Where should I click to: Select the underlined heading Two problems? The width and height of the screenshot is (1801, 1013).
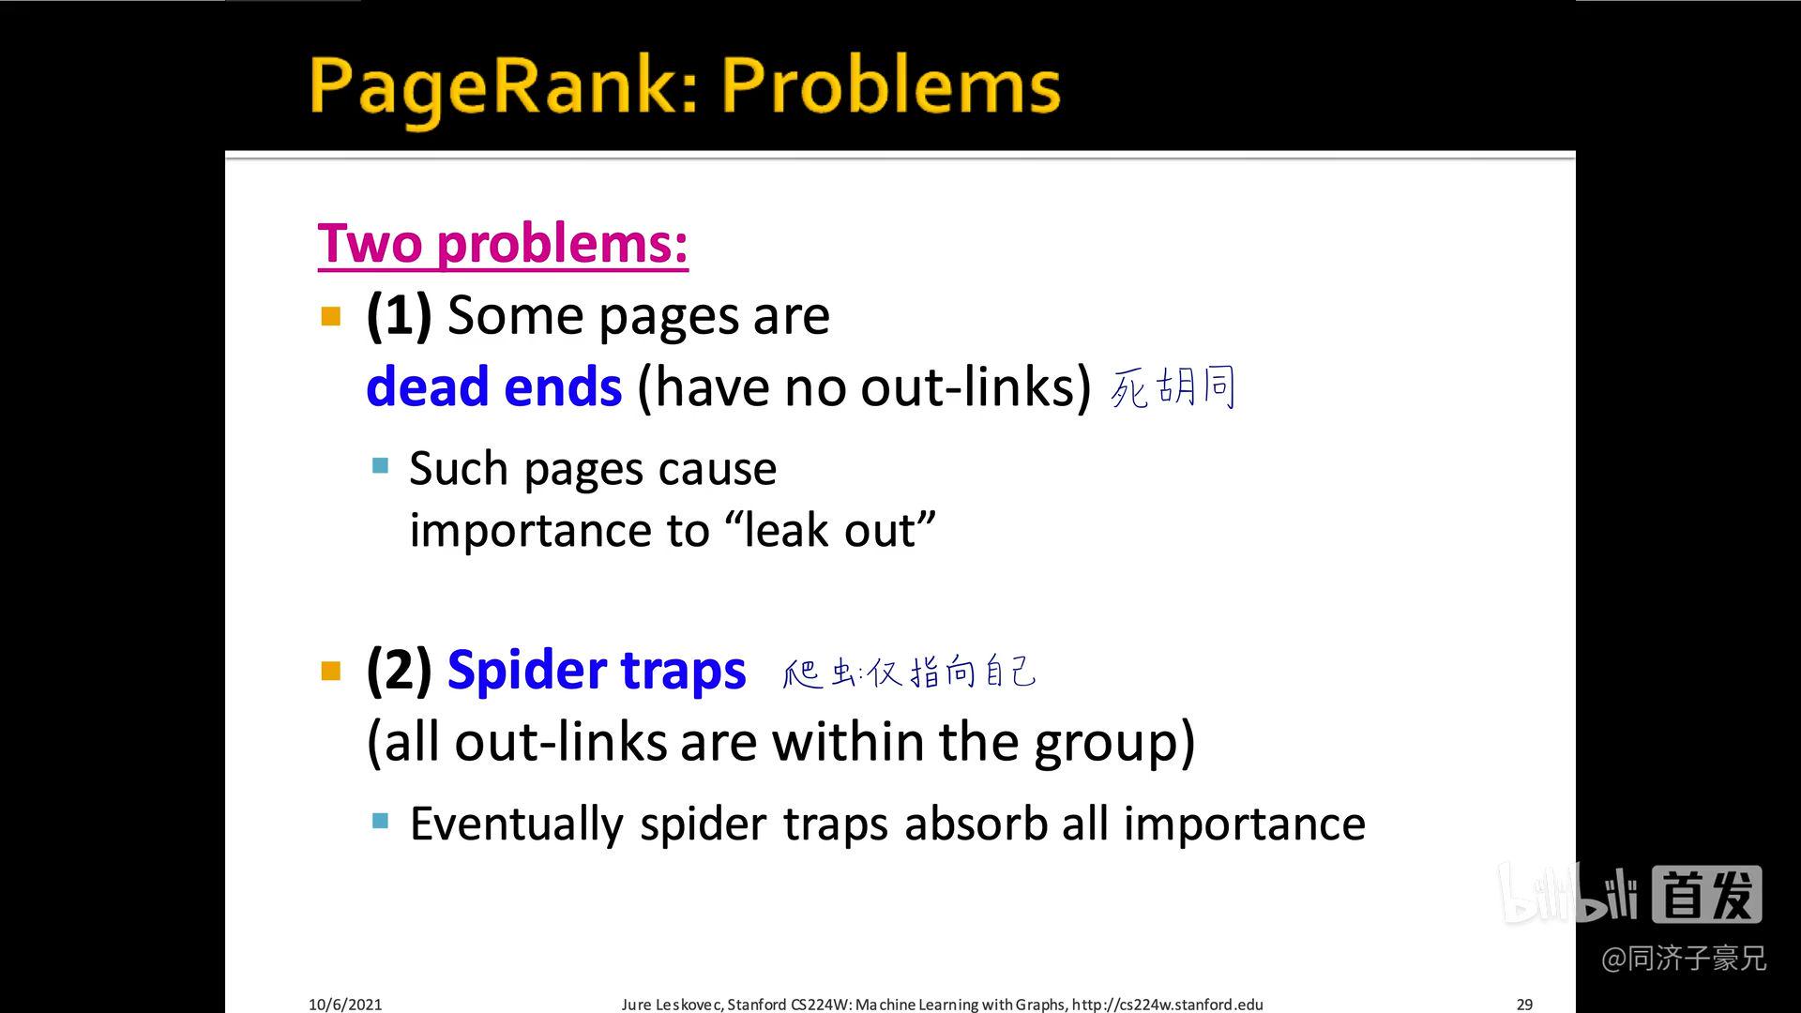503,243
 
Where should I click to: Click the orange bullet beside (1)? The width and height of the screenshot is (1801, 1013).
331,316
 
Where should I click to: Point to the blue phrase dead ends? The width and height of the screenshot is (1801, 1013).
493,386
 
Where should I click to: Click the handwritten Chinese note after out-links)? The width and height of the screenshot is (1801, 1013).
1173,386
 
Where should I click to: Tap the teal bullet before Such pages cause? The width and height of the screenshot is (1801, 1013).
380,466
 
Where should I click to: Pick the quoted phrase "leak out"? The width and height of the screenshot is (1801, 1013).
830,530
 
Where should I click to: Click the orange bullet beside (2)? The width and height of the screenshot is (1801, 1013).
331,671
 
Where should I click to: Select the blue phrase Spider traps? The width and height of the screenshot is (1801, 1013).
597,671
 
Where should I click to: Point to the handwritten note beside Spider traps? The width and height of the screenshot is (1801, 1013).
909,673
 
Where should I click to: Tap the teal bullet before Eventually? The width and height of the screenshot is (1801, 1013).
380,822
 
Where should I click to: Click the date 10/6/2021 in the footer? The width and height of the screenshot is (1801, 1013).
345,1005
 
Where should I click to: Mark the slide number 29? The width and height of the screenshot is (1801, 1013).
1524,1005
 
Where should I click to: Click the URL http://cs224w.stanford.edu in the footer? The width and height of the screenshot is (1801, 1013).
1167,1005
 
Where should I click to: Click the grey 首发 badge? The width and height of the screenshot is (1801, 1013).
1706,895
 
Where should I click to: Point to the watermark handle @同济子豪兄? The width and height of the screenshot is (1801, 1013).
1684,959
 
